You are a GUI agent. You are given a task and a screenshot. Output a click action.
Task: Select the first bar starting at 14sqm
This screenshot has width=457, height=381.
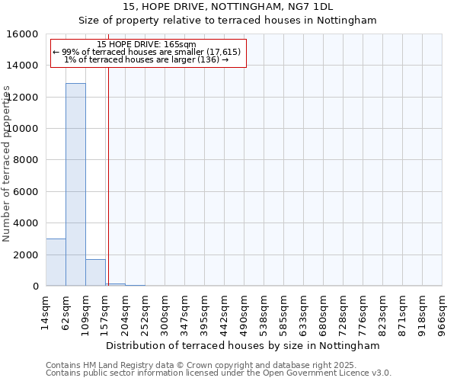[56, 262]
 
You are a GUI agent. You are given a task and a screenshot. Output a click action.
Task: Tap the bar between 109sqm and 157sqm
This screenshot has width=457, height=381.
[95, 272]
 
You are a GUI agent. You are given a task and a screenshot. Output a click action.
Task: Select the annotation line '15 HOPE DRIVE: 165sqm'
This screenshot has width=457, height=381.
[147, 45]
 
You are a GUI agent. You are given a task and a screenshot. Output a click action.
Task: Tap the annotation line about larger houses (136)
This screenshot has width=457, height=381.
[147, 59]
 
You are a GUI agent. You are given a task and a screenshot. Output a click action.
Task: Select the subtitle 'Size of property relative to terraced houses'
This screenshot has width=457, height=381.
[228, 21]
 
